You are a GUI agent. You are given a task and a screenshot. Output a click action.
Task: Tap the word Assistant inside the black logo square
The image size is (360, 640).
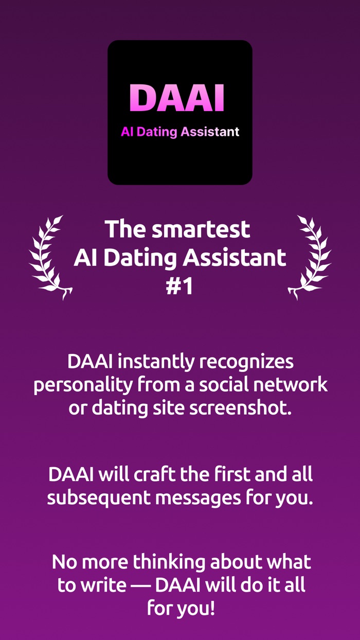pyautogui.click(x=210, y=132)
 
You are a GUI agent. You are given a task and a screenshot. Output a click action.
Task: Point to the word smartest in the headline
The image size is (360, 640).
pyautogui.click(x=201, y=229)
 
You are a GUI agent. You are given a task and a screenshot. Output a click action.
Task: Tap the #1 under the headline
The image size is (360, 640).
pyautogui.click(x=179, y=287)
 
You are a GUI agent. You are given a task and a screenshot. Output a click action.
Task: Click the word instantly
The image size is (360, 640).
pyautogui.click(x=157, y=362)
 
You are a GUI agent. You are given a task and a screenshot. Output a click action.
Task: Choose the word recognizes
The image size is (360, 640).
pyautogui.click(x=246, y=362)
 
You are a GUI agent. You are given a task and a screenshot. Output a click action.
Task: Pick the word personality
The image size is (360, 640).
pyautogui.click(x=79, y=384)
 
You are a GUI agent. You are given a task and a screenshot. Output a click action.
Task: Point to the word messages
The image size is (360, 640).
pyautogui.click(x=201, y=497)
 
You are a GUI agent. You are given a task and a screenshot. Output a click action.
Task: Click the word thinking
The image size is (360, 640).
pyautogui.click(x=164, y=562)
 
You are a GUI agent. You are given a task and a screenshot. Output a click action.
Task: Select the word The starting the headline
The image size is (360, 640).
pyautogui.click(x=125, y=229)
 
